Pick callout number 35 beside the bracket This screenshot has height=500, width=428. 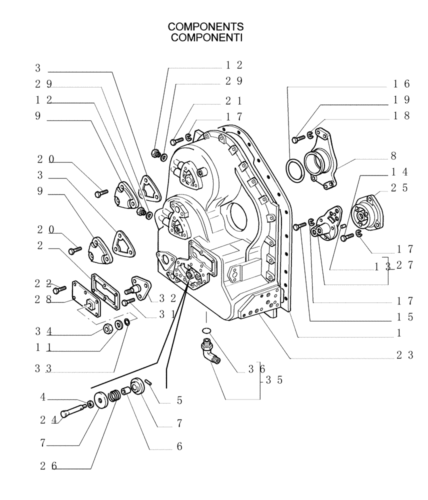click(x=274, y=380)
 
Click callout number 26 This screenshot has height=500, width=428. click(x=49, y=466)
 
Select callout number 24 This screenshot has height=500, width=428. click(x=49, y=420)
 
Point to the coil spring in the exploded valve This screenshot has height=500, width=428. click(x=114, y=395)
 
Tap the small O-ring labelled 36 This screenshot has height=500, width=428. click(x=206, y=330)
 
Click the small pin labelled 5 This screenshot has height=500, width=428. click(x=149, y=382)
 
